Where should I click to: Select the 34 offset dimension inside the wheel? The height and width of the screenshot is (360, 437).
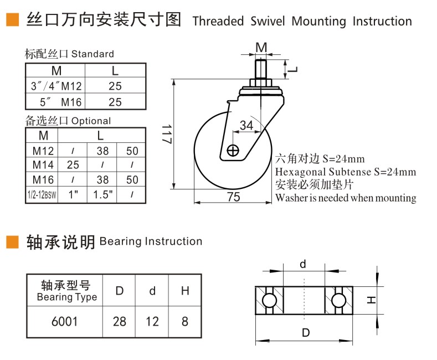point(246,126)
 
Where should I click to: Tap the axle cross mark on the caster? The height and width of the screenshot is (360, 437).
point(233,150)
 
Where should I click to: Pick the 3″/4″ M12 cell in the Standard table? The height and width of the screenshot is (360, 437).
point(56,86)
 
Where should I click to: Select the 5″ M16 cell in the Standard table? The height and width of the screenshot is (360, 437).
point(56,102)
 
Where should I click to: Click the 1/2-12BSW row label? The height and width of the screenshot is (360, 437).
point(42,194)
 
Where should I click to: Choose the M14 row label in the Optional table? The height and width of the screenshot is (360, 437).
point(43,164)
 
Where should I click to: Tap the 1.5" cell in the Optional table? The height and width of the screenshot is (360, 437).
point(102,194)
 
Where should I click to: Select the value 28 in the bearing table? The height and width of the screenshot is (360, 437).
point(119,321)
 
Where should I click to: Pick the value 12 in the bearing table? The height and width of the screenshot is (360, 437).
point(152,321)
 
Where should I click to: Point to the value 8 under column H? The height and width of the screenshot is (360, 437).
point(184,321)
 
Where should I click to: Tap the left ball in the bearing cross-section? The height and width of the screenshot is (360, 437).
point(269,300)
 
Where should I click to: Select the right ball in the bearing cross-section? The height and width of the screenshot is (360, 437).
point(340,300)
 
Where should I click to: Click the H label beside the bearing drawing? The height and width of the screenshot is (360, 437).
point(371,300)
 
